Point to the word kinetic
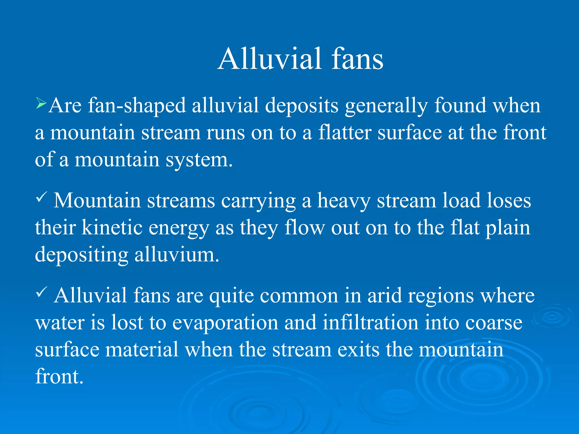(112, 228)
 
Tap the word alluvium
(176, 254)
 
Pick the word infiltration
(370, 323)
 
